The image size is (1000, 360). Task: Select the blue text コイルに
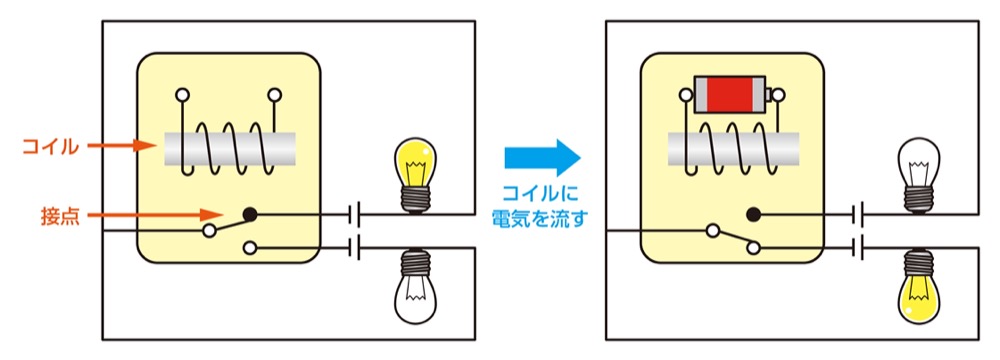(x=541, y=193)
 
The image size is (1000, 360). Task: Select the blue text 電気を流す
(x=541, y=215)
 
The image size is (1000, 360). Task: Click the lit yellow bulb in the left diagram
(x=417, y=164)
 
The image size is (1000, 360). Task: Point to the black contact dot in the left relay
(x=250, y=213)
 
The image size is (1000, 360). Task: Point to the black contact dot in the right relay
(x=754, y=213)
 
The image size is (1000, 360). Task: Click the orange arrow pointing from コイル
(x=125, y=147)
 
